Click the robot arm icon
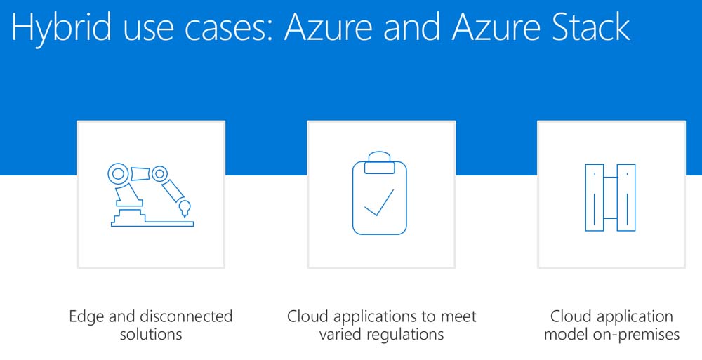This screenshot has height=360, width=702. pyautogui.click(x=150, y=194)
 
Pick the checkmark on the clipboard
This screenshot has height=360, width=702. pyautogui.click(x=379, y=203)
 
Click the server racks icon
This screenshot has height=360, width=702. pyautogui.click(x=610, y=197)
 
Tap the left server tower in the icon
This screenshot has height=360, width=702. pyautogui.click(x=595, y=197)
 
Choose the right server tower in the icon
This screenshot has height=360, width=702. pyautogui.click(x=625, y=197)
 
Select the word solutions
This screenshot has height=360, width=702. pyautogui.click(x=151, y=334)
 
